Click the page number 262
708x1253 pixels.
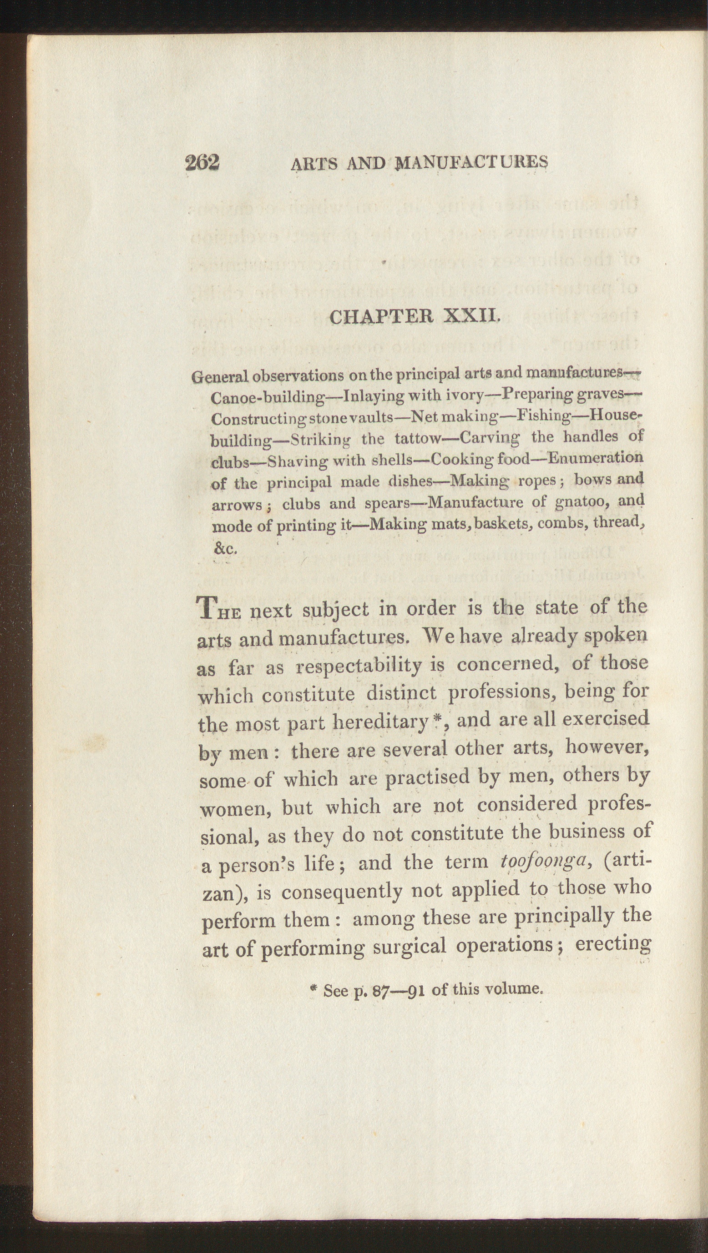pyautogui.click(x=202, y=162)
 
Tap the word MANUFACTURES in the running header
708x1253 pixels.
pyautogui.click(x=472, y=162)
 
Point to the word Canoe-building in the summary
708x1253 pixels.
pyautogui.click(x=268, y=397)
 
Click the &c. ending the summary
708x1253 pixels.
pyautogui.click(x=225, y=548)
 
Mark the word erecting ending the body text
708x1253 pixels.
pyautogui.click(x=613, y=944)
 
